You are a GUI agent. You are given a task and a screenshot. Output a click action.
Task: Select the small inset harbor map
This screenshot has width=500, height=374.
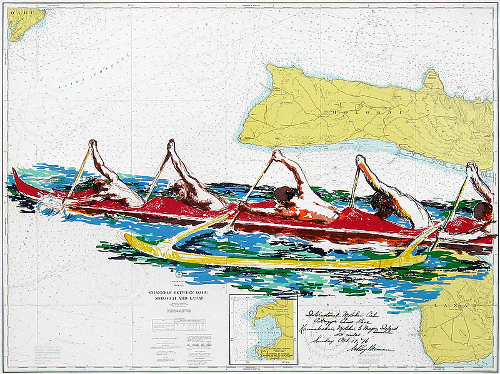click(x=262, y=329)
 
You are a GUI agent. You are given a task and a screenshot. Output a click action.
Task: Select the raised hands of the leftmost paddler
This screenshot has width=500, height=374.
click(x=92, y=144)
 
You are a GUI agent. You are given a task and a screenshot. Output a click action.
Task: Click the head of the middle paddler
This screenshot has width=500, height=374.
click(x=284, y=194)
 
